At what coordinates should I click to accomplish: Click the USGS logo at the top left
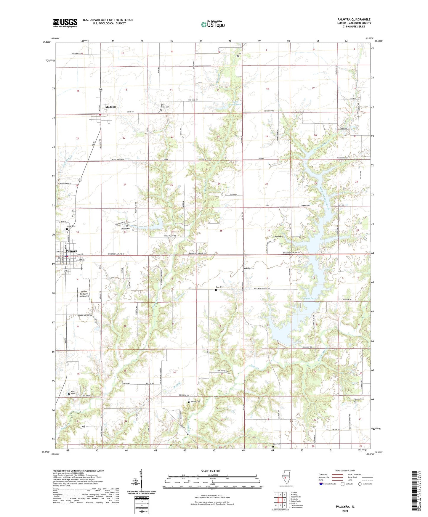(x=65, y=23)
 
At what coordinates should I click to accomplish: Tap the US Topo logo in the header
(x=212, y=24)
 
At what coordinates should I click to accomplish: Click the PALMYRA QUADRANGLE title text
(x=354, y=20)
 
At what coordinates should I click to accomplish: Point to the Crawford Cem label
(x=249, y=268)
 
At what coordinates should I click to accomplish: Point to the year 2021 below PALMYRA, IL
(x=345, y=511)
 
